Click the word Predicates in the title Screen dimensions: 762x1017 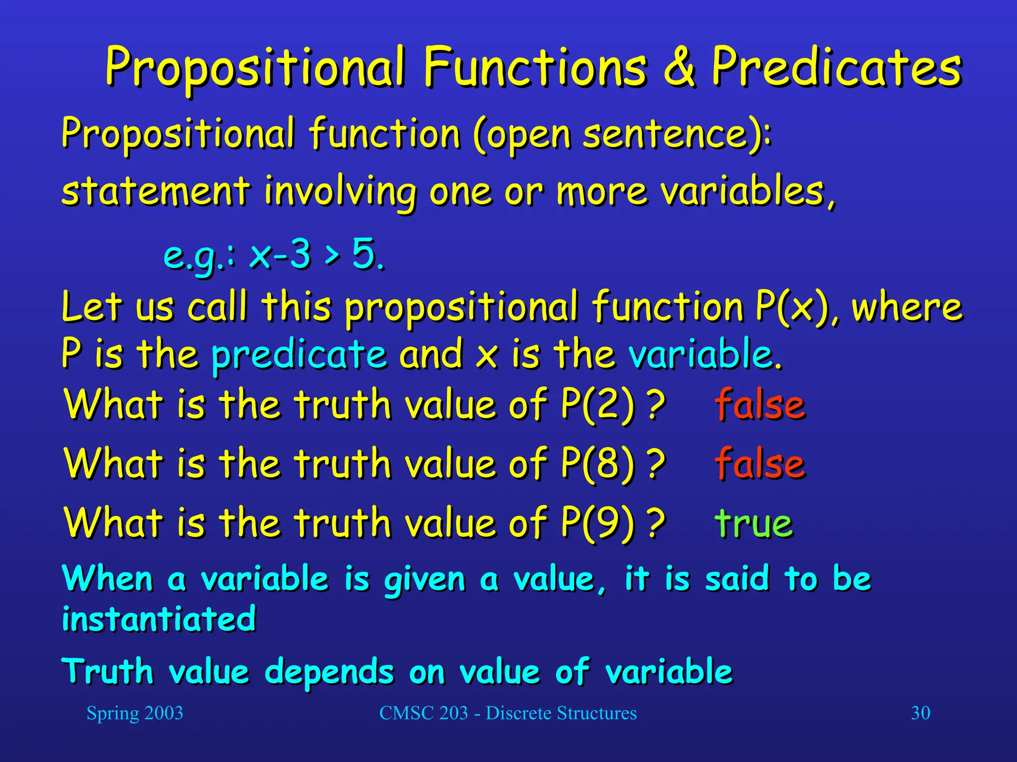click(x=836, y=67)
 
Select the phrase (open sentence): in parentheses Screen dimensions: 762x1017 click(x=622, y=135)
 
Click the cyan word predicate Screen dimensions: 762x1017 click(x=299, y=355)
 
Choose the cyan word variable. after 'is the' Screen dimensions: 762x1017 click(x=704, y=355)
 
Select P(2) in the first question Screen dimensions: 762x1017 click(x=598, y=405)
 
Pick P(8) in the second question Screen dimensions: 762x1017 click(x=598, y=464)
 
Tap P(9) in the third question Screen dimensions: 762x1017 click(x=598, y=523)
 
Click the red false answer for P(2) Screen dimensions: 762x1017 click(x=760, y=405)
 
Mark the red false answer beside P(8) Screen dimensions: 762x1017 click(x=760, y=464)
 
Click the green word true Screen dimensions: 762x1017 click(x=754, y=524)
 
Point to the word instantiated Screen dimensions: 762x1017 click(x=159, y=619)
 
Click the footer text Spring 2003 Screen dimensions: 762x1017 click(x=135, y=713)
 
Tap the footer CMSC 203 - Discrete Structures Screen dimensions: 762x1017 click(x=508, y=713)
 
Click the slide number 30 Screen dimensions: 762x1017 click(x=920, y=713)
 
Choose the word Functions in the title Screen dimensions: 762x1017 click(x=535, y=67)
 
